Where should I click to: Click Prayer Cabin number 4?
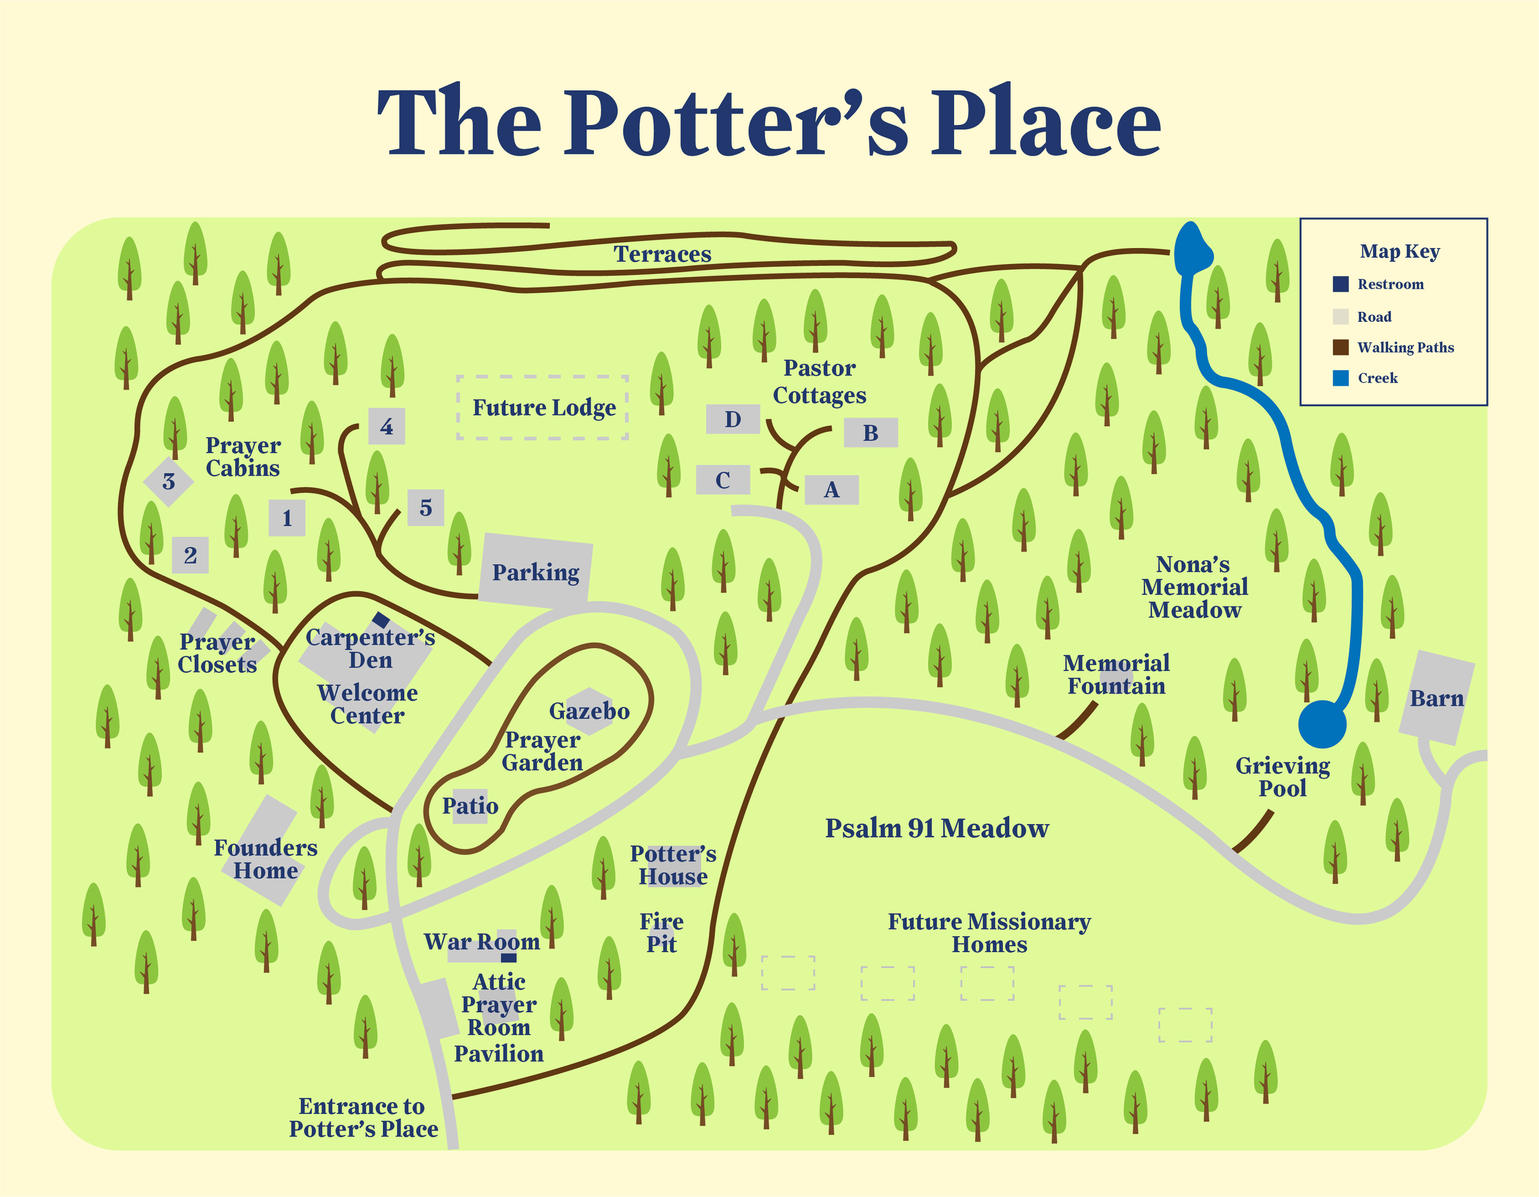click(x=386, y=426)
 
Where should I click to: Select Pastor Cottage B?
click(x=870, y=433)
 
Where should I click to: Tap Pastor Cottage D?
click(x=733, y=419)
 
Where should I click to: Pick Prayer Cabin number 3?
click(x=169, y=481)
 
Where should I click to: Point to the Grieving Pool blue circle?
click(x=1322, y=724)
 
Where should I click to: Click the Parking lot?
click(x=536, y=571)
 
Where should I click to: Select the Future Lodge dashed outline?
click(x=542, y=407)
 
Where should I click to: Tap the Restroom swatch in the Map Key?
click(x=1340, y=284)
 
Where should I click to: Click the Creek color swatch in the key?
click(x=1340, y=378)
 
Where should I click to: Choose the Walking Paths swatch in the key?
click(x=1340, y=347)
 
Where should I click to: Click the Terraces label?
click(x=662, y=254)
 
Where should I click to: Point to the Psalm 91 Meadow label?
click(x=936, y=828)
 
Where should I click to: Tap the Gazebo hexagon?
click(x=589, y=710)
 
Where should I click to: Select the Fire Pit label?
click(x=661, y=932)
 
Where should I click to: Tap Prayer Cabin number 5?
click(x=425, y=507)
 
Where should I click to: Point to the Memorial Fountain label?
click(x=1116, y=675)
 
